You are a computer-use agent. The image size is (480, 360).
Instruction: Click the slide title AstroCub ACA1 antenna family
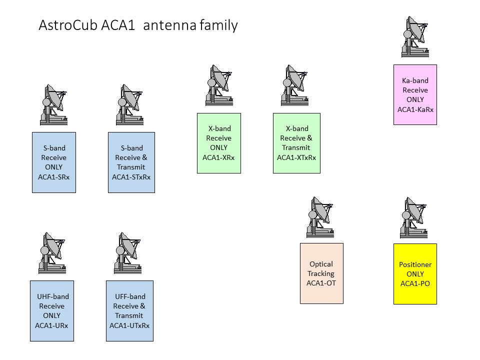pyautogui.click(x=138, y=25)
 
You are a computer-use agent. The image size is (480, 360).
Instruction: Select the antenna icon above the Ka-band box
pyautogui.click(x=415, y=37)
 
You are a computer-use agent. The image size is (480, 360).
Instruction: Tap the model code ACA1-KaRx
pyautogui.click(x=415, y=109)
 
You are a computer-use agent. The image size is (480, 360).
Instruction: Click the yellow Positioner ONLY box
pyautogui.click(x=415, y=274)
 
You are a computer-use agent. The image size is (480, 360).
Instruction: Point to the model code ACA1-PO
pyautogui.click(x=415, y=283)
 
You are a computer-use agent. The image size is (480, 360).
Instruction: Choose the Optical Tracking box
pyautogui.click(x=321, y=273)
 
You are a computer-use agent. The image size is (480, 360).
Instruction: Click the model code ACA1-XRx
pyautogui.click(x=218, y=157)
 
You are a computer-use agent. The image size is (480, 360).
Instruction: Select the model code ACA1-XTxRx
pyautogui.click(x=296, y=157)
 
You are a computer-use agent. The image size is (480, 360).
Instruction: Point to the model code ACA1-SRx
pyautogui.click(x=53, y=177)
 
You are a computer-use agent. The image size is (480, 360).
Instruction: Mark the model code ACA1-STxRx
pyautogui.click(x=131, y=177)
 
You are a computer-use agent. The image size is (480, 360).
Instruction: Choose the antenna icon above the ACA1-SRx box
pyautogui.click(x=53, y=104)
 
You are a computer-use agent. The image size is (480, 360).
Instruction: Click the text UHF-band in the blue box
pyautogui.click(x=53, y=296)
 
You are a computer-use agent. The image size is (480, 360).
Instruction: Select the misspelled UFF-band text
pyautogui.click(x=130, y=296)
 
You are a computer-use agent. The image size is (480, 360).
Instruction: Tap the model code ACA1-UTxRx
pyautogui.click(x=129, y=325)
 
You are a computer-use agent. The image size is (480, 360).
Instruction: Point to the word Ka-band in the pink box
pyautogui.click(x=415, y=80)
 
